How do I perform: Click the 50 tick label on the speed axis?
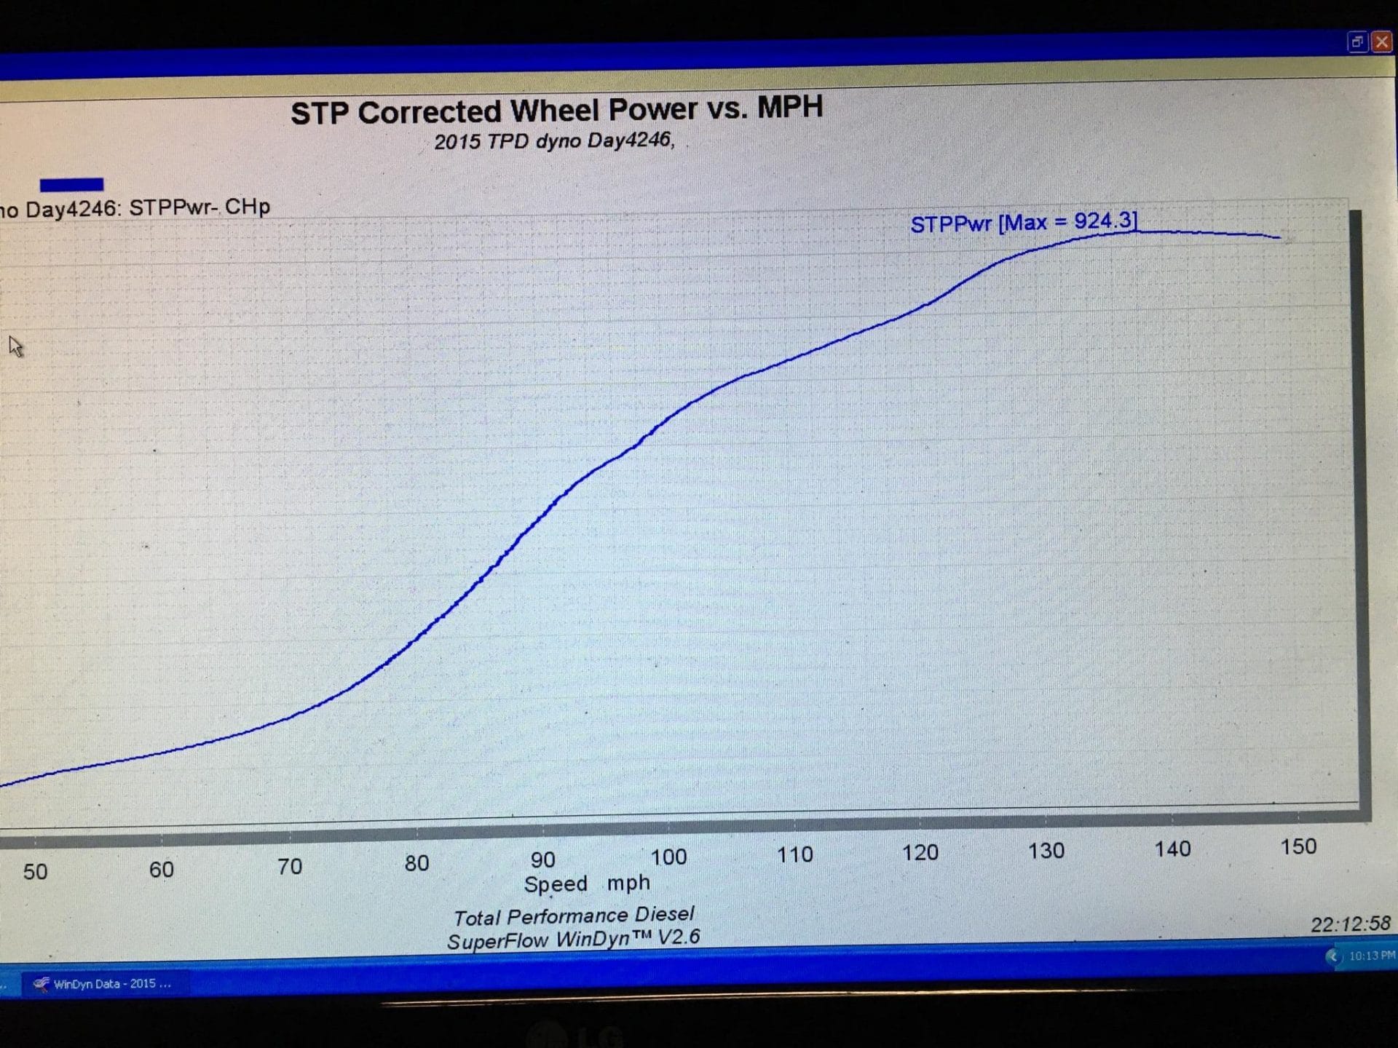35,871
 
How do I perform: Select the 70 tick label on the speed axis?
289,866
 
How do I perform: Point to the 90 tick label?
542,860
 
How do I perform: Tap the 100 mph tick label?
668,857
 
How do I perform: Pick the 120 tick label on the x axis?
920,852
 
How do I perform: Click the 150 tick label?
1298,846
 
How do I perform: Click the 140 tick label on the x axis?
1172,849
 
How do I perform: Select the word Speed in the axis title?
556,884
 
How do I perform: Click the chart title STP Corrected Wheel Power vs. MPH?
556,111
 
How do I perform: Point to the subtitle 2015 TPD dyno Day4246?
554,140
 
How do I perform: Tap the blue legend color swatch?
71,185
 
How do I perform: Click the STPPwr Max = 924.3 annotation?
1023,223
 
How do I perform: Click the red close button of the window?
1381,42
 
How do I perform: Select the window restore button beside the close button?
1357,42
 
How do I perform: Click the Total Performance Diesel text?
574,916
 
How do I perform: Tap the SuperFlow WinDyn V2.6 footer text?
573,940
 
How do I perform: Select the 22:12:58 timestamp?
1350,924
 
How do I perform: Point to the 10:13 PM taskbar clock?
1372,956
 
